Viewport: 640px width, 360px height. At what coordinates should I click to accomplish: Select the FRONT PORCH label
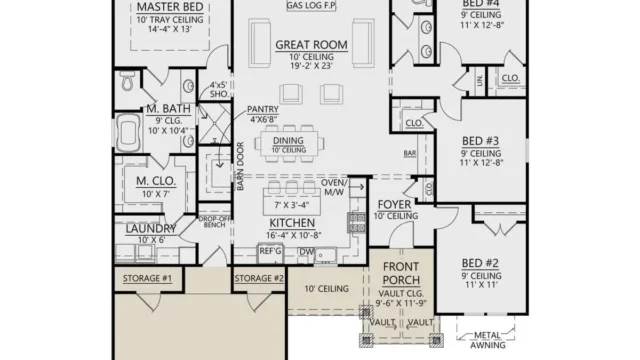(407, 273)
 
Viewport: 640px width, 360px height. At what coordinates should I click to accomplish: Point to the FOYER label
(395, 205)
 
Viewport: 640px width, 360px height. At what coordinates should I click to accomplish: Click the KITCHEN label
(293, 222)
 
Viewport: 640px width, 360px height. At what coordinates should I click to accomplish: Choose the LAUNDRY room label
(151, 229)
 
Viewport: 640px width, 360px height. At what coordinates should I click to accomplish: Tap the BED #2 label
(481, 263)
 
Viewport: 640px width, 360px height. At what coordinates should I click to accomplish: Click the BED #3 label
(481, 140)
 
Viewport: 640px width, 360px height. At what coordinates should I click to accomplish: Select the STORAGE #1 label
(147, 277)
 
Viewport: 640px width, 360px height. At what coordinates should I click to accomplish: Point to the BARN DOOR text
(240, 166)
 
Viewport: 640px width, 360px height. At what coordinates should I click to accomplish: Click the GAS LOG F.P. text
(310, 6)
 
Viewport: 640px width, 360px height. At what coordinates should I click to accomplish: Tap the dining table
(294, 143)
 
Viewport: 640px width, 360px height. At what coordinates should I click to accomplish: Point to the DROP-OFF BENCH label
(214, 222)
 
